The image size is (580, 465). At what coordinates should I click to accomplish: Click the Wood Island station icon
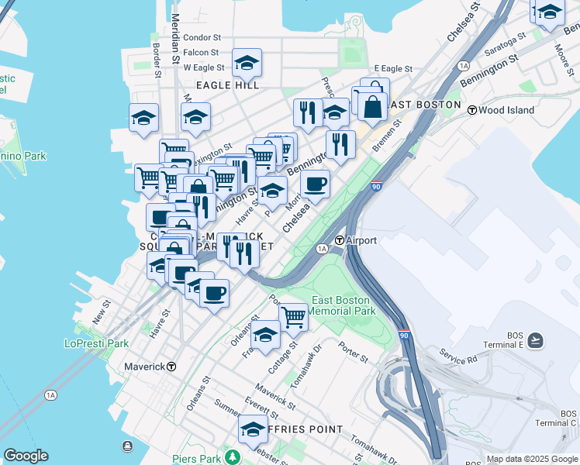pyautogui.click(x=471, y=110)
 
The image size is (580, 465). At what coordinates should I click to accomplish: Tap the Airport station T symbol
pyautogui.click(x=340, y=241)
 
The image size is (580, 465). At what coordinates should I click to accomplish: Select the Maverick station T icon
pyautogui.click(x=171, y=366)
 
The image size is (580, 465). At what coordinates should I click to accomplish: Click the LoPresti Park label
pyautogui.click(x=96, y=343)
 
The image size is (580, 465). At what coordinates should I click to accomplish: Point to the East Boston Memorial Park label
pyautogui.click(x=343, y=305)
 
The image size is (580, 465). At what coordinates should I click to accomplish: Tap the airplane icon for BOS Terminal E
pyautogui.click(x=536, y=340)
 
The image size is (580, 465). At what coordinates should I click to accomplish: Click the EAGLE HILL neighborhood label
pyautogui.click(x=226, y=84)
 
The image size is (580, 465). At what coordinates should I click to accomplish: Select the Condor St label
pyautogui.click(x=202, y=37)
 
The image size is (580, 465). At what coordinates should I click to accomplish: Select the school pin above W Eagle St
pyautogui.click(x=247, y=63)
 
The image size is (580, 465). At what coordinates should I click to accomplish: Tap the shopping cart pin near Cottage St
pyautogui.click(x=293, y=315)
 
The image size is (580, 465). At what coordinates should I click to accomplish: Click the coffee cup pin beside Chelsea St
pyautogui.click(x=316, y=184)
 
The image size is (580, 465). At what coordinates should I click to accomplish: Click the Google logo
pyautogui.click(x=26, y=456)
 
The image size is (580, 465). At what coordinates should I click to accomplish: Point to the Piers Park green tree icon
pyautogui.click(x=230, y=456)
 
